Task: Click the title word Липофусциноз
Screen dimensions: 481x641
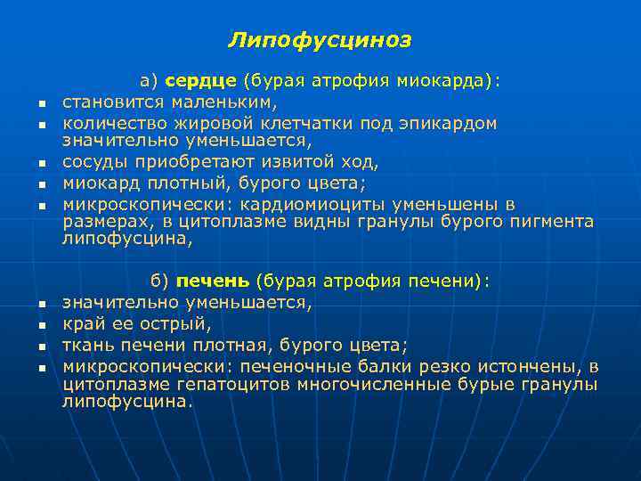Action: pyautogui.click(x=320, y=40)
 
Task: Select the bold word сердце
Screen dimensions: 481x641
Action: pyautogui.click(x=201, y=82)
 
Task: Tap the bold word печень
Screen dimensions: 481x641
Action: pyautogui.click(x=213, y=281)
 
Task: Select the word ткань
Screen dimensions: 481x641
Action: pyautogui.click(x=86, y=344)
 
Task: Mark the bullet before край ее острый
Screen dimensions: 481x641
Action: pyautogui.click(x=41, y=325)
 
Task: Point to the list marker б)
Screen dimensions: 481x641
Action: pyautogui.click(x=159, y=281)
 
